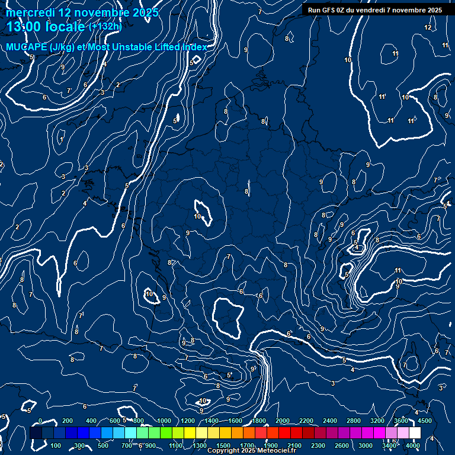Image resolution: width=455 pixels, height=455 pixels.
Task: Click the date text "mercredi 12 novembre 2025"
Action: pyautogui.click(x=82, y=12)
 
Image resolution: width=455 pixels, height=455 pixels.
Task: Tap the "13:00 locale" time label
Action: pyautogui.click(x=46, y=27)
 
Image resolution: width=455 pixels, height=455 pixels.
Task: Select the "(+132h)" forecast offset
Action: pyautogui.click(x=105, y=27)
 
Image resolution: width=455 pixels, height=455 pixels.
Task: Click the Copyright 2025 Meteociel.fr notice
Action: pyautogui.click(x=251, y=451)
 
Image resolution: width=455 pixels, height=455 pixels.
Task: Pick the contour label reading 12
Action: pyautogui.click(x=428, y=27)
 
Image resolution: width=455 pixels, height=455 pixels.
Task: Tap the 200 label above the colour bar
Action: pyautogui.click(x=68, y=421)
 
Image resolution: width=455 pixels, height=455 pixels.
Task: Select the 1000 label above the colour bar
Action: pyautogui.click(x=164, y=421)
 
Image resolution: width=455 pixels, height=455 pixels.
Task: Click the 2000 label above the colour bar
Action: pyautogui.click(x=283, y=421)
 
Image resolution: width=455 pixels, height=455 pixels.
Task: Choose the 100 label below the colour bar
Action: pyautogui.click(x=56, y=446)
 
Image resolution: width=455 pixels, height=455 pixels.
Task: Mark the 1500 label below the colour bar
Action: pyautogui.click(x=223, y=446)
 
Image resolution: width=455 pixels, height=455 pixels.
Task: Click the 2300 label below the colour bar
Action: pyautogui.click(x=318, y=446)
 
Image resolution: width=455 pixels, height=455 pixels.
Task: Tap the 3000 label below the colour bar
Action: pyautogui.click(x=366, y=446)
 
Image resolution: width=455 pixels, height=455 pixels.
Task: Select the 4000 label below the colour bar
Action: pyautogui.click(x=413, y=446)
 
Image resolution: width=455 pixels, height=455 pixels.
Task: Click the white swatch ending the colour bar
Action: pyautogui.click(x=415, y=433)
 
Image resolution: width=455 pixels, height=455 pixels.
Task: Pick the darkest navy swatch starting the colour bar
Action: pyautogui.click(x=36, y=433)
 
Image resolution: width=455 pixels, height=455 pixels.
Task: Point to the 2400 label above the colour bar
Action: pyautogui.click(x=330, y=421)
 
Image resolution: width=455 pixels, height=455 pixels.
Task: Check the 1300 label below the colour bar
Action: pyautogui.click(x=200, y=446)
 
